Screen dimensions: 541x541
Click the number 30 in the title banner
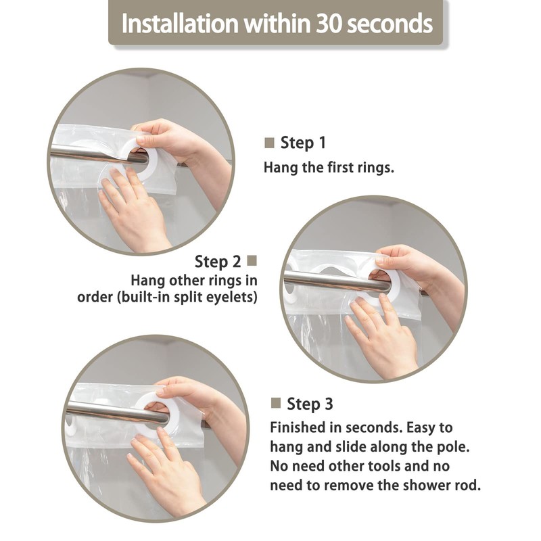329,24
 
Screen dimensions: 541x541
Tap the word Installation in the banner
180,24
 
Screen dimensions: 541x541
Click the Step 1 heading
303,143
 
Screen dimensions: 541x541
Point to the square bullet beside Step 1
269,143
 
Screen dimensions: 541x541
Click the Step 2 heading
217,261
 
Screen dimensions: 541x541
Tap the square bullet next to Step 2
252,261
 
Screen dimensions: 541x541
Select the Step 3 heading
310,404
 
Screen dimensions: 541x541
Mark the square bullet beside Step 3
276,402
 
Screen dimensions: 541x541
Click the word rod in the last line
469,485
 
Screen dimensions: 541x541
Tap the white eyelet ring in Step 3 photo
156,414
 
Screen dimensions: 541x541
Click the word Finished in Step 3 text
298,427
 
